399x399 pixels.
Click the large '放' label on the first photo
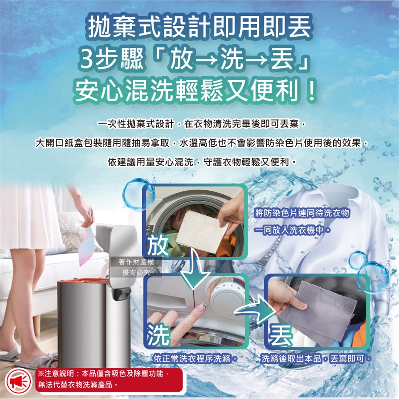tap(158, 246)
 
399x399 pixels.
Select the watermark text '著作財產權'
tap(136, 261)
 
